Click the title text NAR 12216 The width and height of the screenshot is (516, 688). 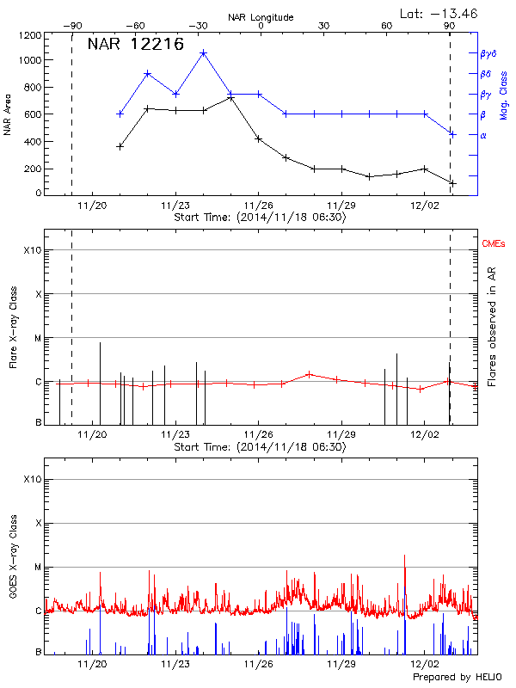point(136,45)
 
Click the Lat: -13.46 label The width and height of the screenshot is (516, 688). point(439,13)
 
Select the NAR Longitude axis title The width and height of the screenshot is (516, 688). point(261,17)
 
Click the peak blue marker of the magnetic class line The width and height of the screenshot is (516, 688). point(204,53)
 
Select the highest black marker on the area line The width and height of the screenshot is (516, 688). point(231,98)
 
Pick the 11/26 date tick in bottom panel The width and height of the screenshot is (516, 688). point(259,664)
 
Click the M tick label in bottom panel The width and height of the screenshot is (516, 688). point(37,567)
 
